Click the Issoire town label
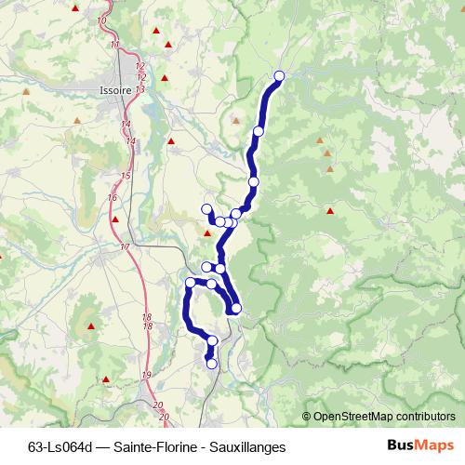114,90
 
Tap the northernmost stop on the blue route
278,75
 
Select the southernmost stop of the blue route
211,364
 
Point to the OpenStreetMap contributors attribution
383,416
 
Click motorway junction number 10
102,20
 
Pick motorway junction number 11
114,45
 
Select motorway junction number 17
125,246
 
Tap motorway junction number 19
146,374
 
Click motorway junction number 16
113,197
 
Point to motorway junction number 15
125,176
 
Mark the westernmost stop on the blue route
190,282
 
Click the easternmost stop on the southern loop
236,308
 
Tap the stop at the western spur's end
206,208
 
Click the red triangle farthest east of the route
330,211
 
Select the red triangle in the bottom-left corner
107,379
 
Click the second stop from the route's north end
259,131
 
